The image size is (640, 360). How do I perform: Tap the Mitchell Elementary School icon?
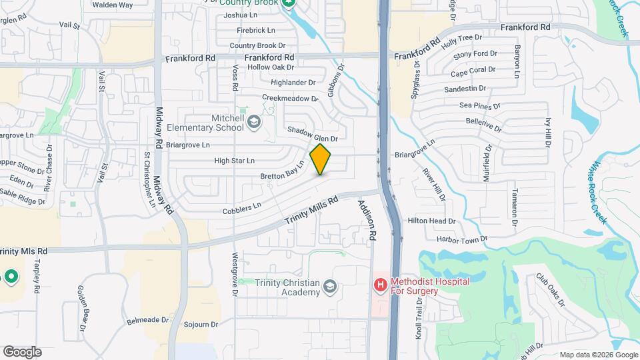pos(254,121)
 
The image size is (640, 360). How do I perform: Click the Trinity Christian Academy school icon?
pos(329,287)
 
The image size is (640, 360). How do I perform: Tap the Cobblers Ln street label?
pos(241,209)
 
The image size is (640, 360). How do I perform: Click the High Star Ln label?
pos(234,161)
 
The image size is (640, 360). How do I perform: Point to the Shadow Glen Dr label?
pos(313,134)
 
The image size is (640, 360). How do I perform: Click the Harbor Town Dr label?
pos(463,238)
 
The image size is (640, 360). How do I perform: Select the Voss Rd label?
pos(235,79)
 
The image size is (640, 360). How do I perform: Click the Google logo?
pos(22,352)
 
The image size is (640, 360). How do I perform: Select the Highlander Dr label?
pos(293,83)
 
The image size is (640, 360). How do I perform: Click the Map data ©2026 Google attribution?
pos(597,355)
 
